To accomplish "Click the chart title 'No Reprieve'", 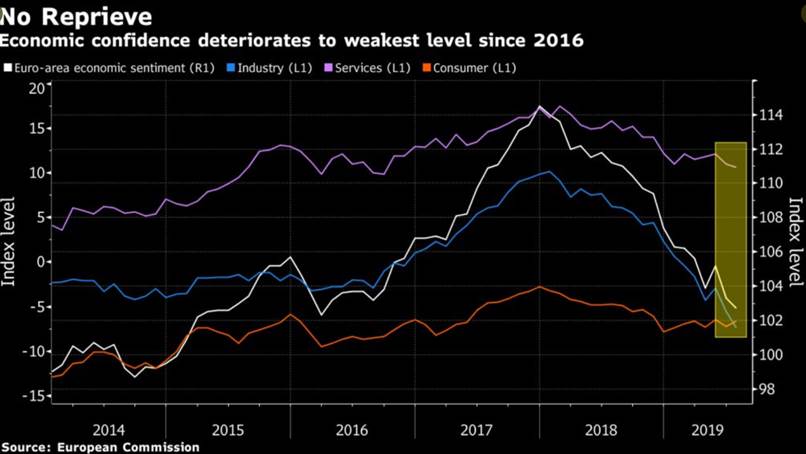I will (76, 17).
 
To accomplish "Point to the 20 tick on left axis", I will (37, 89).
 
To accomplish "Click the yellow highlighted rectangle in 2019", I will (731, 240).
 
